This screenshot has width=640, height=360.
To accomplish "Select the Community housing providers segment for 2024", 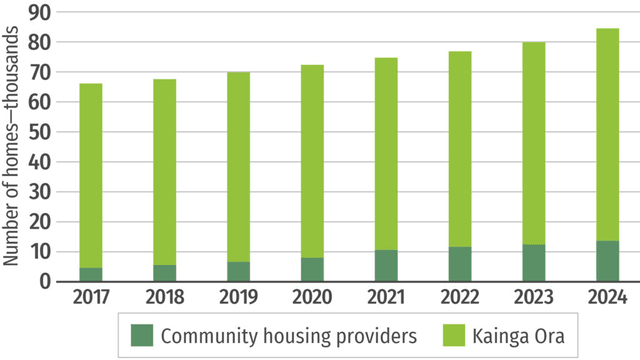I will point(607,261).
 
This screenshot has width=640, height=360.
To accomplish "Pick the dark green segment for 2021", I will point(386,265).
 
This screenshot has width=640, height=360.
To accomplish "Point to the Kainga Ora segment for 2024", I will point(607,134).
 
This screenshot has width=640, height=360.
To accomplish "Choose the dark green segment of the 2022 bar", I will point(460,264).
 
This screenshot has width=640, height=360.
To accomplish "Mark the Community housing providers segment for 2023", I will point(533,263).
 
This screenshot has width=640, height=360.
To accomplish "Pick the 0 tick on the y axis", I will point(45,281).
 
